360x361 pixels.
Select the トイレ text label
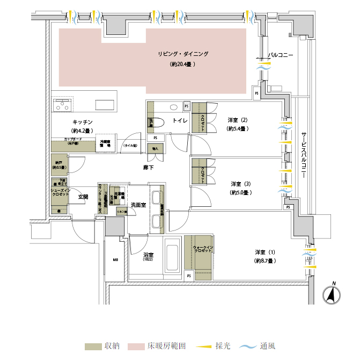coord(179,121)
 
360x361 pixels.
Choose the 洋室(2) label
coord(237,120)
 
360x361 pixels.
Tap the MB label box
coord(115,260)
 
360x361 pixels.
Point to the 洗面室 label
coord(138,205)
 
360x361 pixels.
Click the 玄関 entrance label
coord(83,197)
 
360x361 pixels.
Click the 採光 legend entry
coord(217,345)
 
